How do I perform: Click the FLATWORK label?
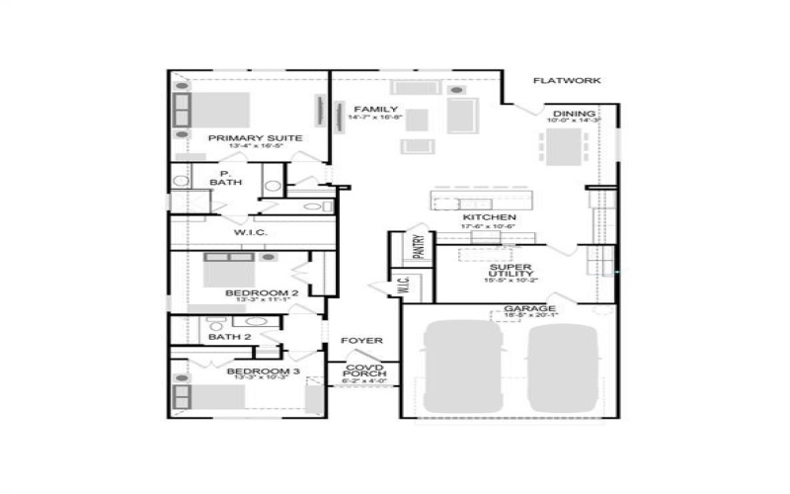566,81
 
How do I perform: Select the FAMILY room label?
376,110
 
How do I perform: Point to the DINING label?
574,114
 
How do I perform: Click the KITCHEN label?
489,217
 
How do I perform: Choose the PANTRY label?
419,246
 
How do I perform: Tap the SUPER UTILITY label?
511,270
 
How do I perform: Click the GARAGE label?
530,308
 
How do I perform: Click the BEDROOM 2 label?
262,293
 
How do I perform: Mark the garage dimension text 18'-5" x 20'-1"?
530,317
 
